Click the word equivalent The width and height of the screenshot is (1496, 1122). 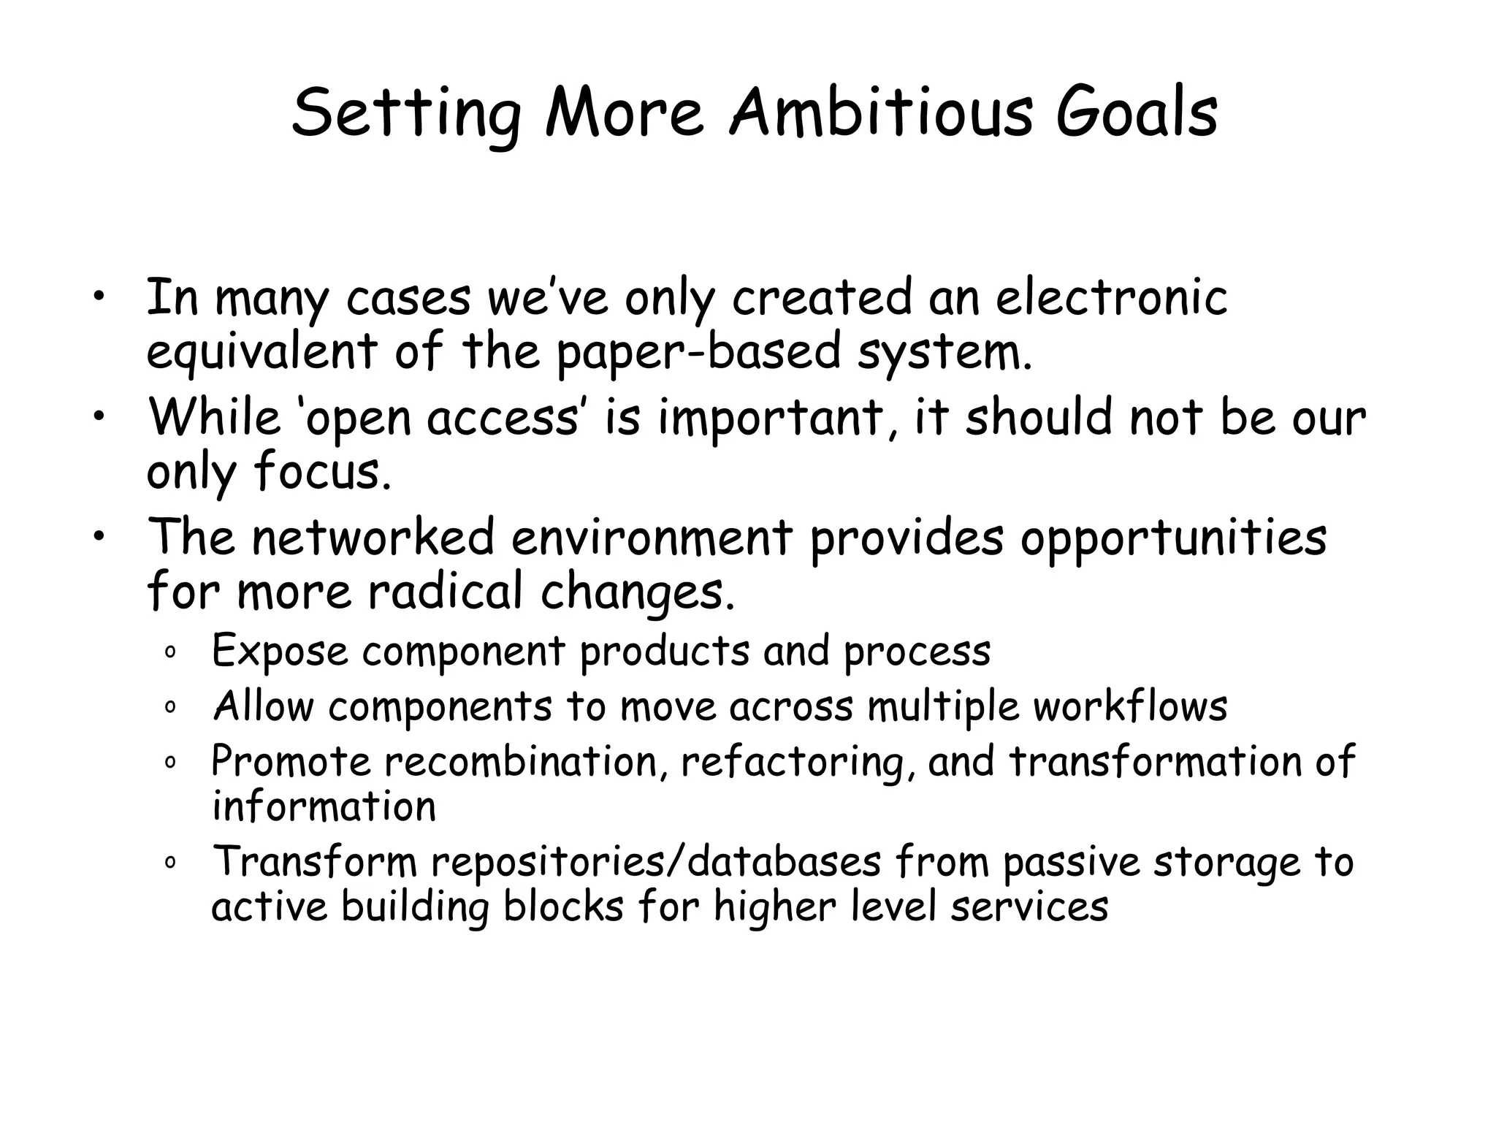pyautogui.click(x=262, y=353)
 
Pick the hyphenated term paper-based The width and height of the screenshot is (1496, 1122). pyautogui.click(x=698, y=353)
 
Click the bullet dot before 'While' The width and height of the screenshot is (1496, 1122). pyautogui.click(x=99, y=418)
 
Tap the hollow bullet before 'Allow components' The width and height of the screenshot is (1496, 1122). pyautogui.click(x=169, y=708)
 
